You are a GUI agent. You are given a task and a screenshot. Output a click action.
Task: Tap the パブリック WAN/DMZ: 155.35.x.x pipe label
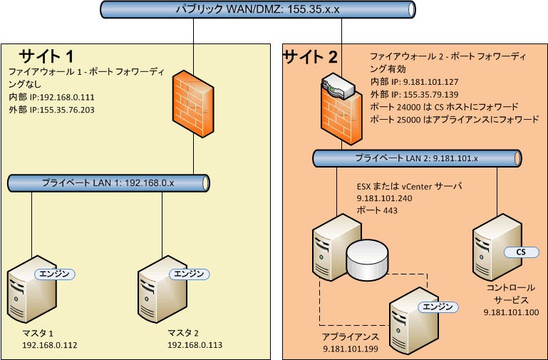click(x=257, y=9)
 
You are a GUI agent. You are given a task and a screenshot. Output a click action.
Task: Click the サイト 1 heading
click(x=46, y=56)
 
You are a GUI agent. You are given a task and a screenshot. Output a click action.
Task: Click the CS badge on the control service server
click(x=520, y=252)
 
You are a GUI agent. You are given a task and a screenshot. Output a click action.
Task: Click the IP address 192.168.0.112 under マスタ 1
click(x=50, y=345)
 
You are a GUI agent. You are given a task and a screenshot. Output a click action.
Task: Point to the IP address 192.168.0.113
click(x=195, y=345)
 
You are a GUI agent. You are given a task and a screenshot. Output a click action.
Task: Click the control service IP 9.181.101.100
click(x=510, y=312)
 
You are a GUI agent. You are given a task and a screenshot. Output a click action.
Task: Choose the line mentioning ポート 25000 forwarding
click(x=454, y=119)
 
